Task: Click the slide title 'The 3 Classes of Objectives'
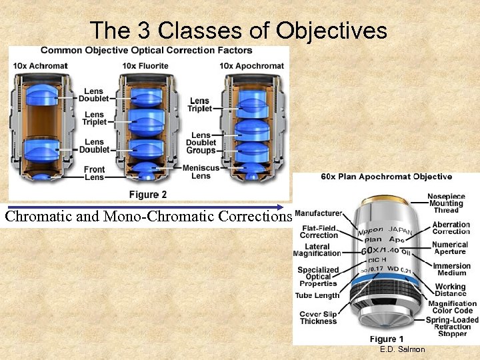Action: [238, 30]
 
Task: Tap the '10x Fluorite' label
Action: [145, 66]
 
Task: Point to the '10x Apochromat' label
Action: [251, 66]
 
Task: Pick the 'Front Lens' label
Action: [94, 173]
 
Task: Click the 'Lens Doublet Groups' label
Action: [201, 143]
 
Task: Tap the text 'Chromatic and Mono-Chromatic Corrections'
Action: [148, 216]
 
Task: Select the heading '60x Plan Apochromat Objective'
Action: [387, 177]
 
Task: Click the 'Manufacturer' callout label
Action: [318, 213]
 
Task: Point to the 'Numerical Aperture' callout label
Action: [450, 248]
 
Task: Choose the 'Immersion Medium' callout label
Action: [451, 269]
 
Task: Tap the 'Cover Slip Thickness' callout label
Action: [318, 317]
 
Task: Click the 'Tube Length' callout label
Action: [317, 295]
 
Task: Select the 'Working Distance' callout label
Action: [450, 290]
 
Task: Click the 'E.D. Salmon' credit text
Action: [402, 349]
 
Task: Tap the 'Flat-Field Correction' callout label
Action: [319, 231]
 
